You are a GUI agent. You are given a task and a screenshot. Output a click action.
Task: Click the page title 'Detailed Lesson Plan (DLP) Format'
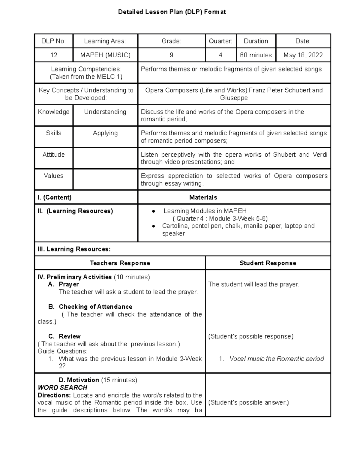pyautogui.click(x=172, y=12)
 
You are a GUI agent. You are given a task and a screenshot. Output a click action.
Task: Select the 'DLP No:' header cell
pyautogui.click(x=53, y=41)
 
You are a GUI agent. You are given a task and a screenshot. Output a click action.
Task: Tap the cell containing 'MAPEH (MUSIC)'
pyautogui.click(x=105, y=55)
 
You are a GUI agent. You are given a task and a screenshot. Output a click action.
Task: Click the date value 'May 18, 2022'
pyautogui.click(x=303, y=55)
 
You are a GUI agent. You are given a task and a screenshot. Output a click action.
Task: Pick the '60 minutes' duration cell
pyautogui.click(x=256, y=55)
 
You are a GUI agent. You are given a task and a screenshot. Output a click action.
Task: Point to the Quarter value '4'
pyautogui.click(x=220, y=55)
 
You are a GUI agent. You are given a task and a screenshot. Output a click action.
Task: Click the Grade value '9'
pyautogui.click(x=171, y=55)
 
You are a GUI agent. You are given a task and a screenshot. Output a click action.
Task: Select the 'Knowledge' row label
pyautogui.click(x=53, y=112)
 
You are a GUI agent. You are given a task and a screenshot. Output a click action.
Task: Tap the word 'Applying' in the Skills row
pyautogui.click(x=105, y=133)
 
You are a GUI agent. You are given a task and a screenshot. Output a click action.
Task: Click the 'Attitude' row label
pyautogui.click(x=53, y=155)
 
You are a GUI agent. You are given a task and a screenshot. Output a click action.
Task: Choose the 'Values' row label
pyautogui.click(x=53, y=176)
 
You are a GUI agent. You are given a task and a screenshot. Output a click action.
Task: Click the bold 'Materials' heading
pyautogui.click(x=203, y=197)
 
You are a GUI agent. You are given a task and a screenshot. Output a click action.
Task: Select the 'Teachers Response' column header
pyautogui.click(x=120, y=263)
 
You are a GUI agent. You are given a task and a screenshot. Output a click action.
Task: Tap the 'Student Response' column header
pyautogui.click(x=268, y=263)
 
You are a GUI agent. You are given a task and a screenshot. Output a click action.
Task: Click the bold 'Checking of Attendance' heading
pyautogui.click(x=95, y=307)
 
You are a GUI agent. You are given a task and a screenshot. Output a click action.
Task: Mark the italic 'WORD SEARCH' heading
pyautogui.click(x=62, y=387)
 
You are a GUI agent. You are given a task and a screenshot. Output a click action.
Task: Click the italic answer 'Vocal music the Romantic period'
pyautogui.click(x=277, y=359)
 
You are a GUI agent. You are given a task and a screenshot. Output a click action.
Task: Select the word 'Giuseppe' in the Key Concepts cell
pyautogui.click(x=234, y=98)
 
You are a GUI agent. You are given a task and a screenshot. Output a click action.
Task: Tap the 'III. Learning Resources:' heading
pyautogui.click(x=74, y=249)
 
